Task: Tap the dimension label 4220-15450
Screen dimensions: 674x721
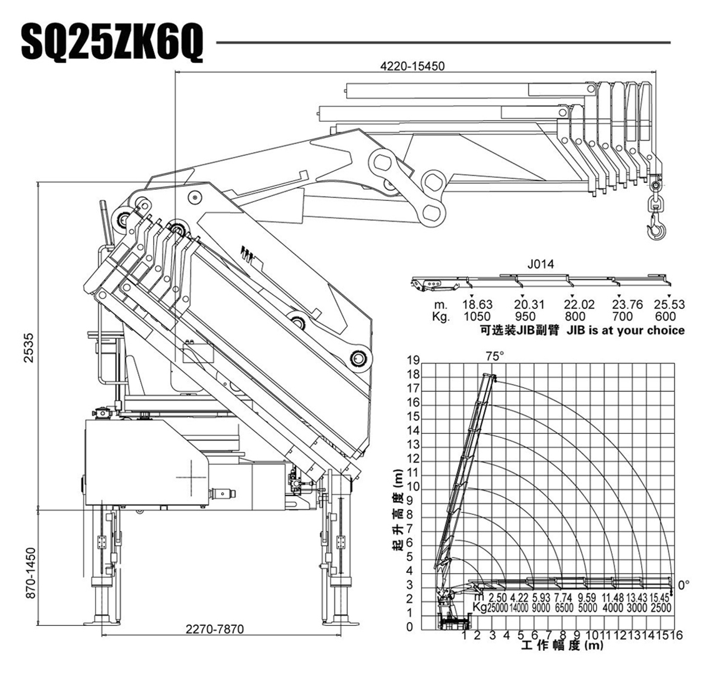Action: pyautogui.click(x=412, y=66)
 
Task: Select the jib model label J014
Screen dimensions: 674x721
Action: pyautogui.click(x=540, y=264)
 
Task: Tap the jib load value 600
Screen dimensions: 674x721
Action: pyautogui.click(x=669, y=316)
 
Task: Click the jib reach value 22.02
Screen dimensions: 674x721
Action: pyautogui.click(x=579, y=305)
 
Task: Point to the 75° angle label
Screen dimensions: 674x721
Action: pyautogui.click(x=494, y=356)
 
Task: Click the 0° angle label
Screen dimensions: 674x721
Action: pyautogui.click(x=684, y=585)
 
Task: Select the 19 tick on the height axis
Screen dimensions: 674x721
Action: pyautogui.click(x=413, y=360)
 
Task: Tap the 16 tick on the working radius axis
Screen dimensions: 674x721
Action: pyautogui.click(x=677, y=635)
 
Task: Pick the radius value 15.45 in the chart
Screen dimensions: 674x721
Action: pyautogui.click(x=661, y=598)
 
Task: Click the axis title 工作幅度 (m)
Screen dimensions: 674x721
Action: pyautogui.click(x=562, y=646)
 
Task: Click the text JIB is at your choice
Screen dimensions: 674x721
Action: pyautogui.click(x=625, y=330)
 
